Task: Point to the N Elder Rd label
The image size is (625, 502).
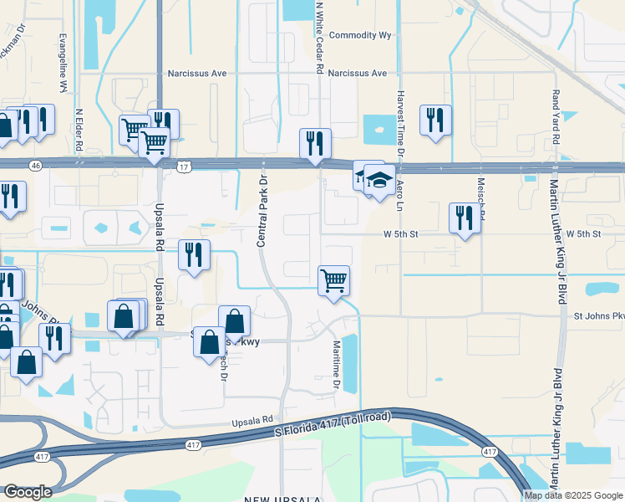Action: click(x=79, y=129)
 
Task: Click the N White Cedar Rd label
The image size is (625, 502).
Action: click(x=319, y=38)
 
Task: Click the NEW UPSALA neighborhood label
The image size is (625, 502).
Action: click(x=282, y=499)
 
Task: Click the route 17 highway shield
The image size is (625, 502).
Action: click(x=183, y=167)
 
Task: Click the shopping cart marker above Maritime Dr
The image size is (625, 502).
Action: click(x=333, y=279)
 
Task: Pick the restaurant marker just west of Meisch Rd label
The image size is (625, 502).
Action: click(x=465, y=217)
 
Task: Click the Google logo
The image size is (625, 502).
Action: click(x=28, y=492)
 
